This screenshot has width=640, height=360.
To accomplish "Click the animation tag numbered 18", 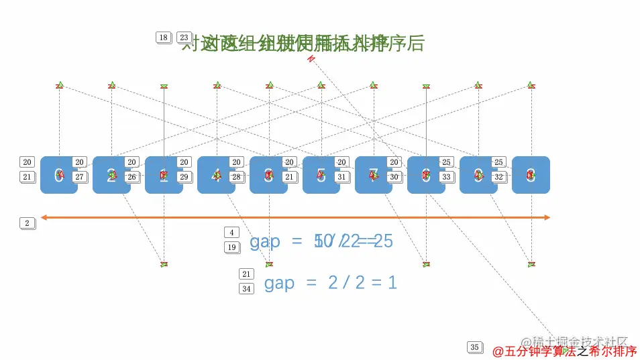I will pos(163,38).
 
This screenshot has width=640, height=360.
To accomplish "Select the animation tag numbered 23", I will pos(184,38).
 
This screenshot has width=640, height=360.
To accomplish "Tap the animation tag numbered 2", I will pos(27,223).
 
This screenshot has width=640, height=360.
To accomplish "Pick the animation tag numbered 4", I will pos(231,233).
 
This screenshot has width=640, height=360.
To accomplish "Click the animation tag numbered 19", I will pos(231,247).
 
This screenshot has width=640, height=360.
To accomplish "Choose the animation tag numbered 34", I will pos(247,289).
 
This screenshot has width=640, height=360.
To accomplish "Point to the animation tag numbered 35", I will pos(474,347).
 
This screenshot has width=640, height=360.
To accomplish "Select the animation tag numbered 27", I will pos(79,177).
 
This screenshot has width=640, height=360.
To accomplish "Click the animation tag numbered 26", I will pos(131,177).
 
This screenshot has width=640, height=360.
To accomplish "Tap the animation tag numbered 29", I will pos(184,177).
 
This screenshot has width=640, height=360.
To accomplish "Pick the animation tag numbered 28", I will pos(236,177).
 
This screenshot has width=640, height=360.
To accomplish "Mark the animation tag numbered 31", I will pos(341,177).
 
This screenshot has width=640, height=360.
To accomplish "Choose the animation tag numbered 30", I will pos(394,177).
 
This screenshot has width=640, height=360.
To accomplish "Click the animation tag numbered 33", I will pos(446,177).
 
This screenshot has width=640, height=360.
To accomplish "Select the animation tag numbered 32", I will pos(498,177).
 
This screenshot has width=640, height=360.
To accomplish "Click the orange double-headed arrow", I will pos(295,217).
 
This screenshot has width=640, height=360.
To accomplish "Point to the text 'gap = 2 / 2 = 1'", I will pos(330,283).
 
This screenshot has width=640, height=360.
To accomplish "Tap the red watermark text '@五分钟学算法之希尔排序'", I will pos(564,351).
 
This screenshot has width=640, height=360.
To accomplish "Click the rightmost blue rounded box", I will pos(531,175).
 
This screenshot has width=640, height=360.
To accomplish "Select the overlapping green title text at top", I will pos(303,43).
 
